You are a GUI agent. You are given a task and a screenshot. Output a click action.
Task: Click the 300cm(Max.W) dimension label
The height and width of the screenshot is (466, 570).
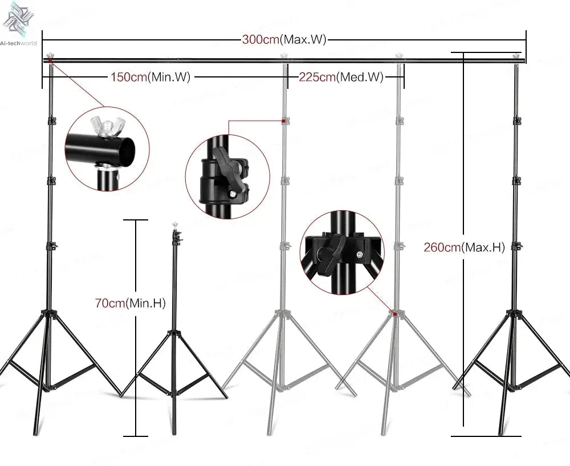pos(284,40)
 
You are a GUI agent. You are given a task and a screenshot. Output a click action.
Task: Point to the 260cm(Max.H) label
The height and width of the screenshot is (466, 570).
pos(464,247)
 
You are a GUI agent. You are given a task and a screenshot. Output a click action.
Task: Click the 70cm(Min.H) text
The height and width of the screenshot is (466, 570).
pos(130,304)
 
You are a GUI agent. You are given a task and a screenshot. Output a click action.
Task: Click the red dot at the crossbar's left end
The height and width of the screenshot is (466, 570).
pos(50,60)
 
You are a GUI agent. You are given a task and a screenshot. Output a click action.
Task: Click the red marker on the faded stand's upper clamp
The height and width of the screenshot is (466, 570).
pos(283,121)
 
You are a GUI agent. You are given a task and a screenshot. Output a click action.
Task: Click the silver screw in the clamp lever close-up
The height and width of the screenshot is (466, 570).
pos(233,195)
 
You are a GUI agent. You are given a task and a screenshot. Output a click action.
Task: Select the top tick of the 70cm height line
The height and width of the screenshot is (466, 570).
pos(135,220)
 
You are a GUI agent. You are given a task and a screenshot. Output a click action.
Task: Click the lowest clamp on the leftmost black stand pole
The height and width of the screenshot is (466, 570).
pos(52,247)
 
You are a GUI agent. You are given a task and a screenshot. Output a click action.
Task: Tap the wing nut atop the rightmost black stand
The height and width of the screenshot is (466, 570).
pos(517,56)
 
